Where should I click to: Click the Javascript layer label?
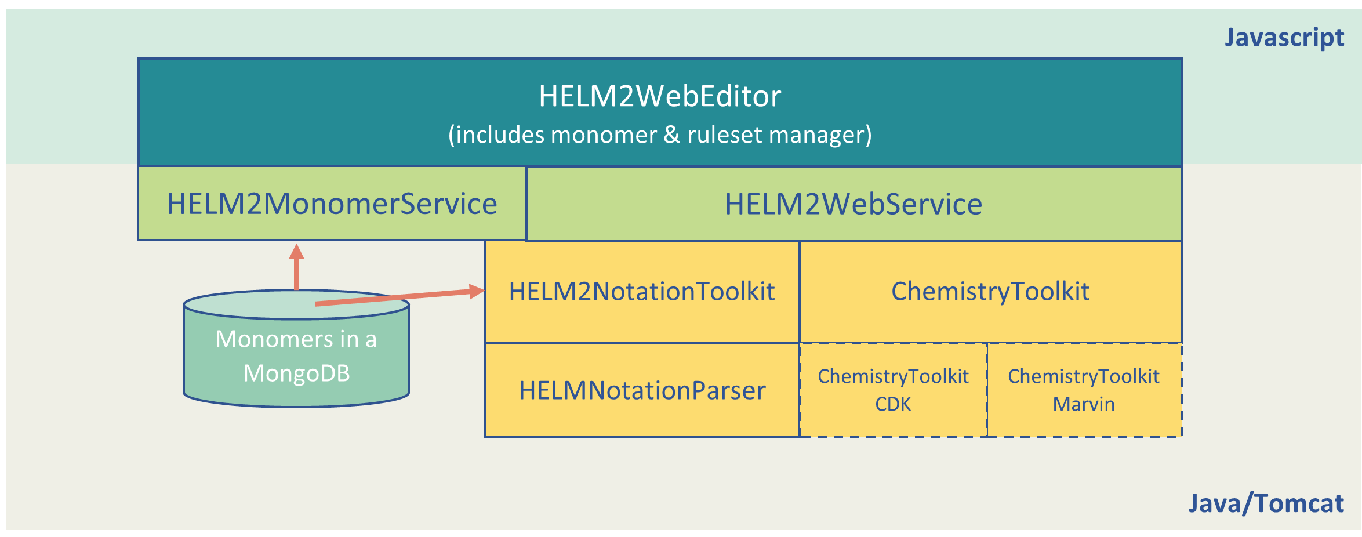tap(1284, 38)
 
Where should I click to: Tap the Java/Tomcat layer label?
tap(1266, 503)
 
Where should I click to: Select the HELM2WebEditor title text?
tap(660, 96)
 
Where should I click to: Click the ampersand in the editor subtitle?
tap(671, 135)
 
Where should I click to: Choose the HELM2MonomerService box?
tap(332, 203)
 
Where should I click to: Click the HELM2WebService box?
tap(853, 204)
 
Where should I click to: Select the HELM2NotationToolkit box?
tap(642, 292)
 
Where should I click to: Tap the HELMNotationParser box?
tap(642, 390)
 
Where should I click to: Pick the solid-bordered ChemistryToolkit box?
tap(990, 292)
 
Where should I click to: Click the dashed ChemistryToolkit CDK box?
tap(893, 390)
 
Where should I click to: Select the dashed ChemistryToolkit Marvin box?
tap(1084, 390)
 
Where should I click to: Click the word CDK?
tap(893, 404)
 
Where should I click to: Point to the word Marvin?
tap(1084, 404)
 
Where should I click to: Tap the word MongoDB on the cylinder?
tap(296, 373)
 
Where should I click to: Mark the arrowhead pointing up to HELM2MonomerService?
tap(297, 251)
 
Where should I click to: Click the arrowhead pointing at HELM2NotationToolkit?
tap(477, 291)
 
